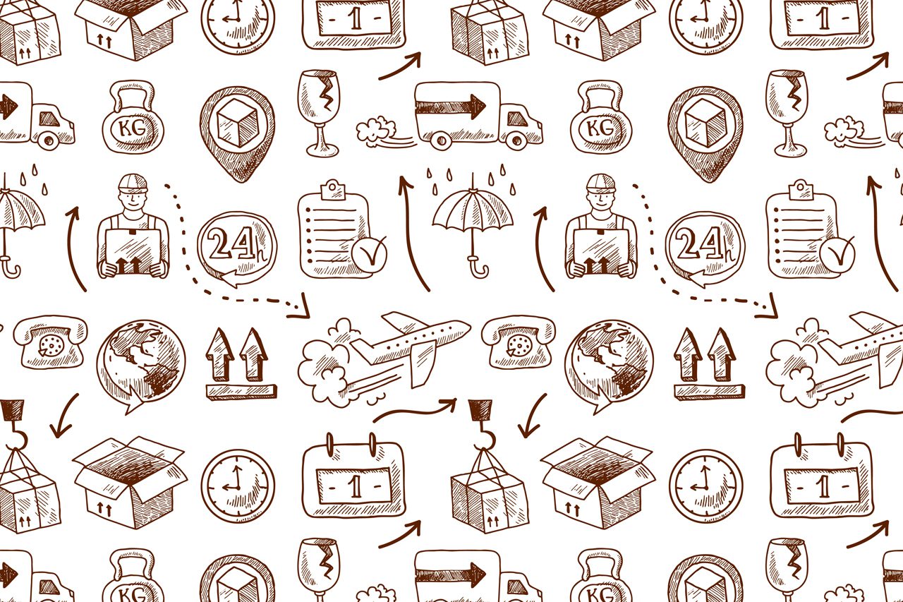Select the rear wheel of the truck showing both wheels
point(441,141)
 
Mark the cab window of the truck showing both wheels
point(517,119)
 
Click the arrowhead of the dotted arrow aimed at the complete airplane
point(300,308)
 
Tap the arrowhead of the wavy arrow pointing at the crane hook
point(449,404)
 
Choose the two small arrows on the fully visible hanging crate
point(493,519)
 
